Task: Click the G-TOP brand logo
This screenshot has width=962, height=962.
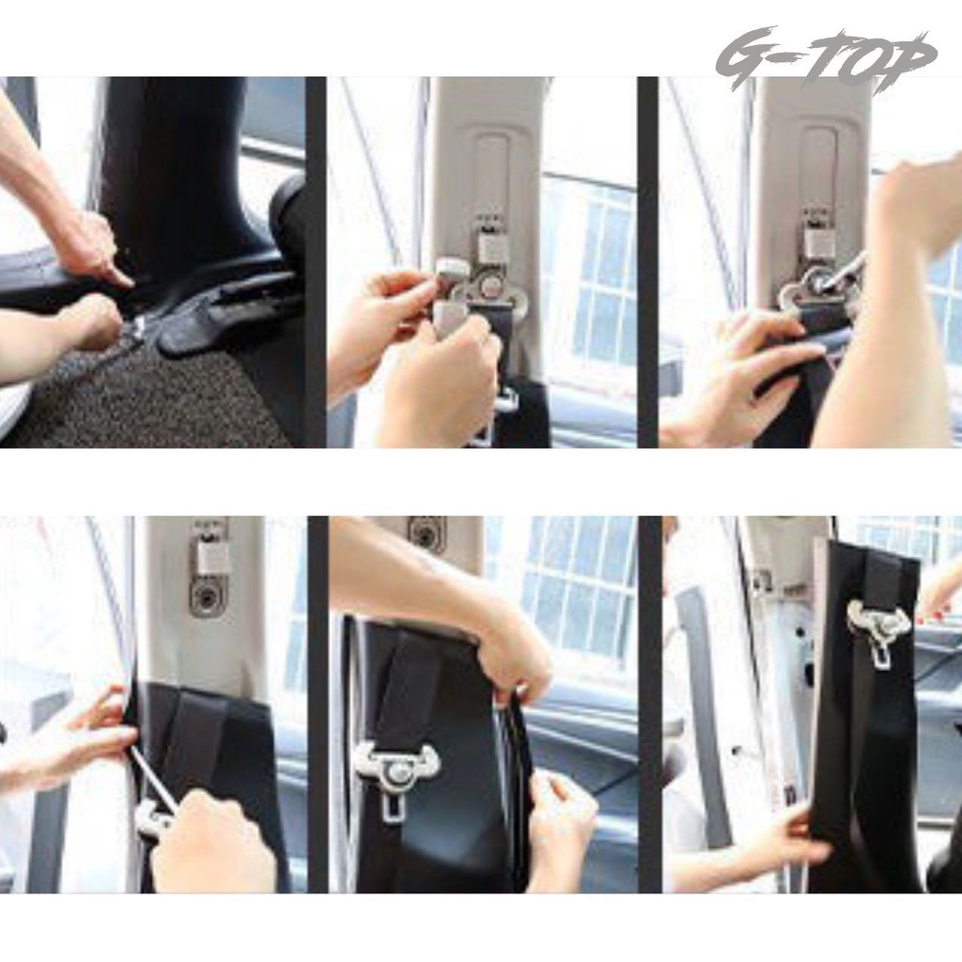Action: (x=825, y=57)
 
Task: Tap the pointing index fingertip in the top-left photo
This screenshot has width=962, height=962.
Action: (x=126, y=281)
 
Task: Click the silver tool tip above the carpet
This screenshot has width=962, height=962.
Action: (x=135, y=332)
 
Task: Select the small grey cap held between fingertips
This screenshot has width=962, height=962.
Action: (x=453, y=270)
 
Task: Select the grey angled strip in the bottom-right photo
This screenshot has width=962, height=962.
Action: (x=706, y=706)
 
